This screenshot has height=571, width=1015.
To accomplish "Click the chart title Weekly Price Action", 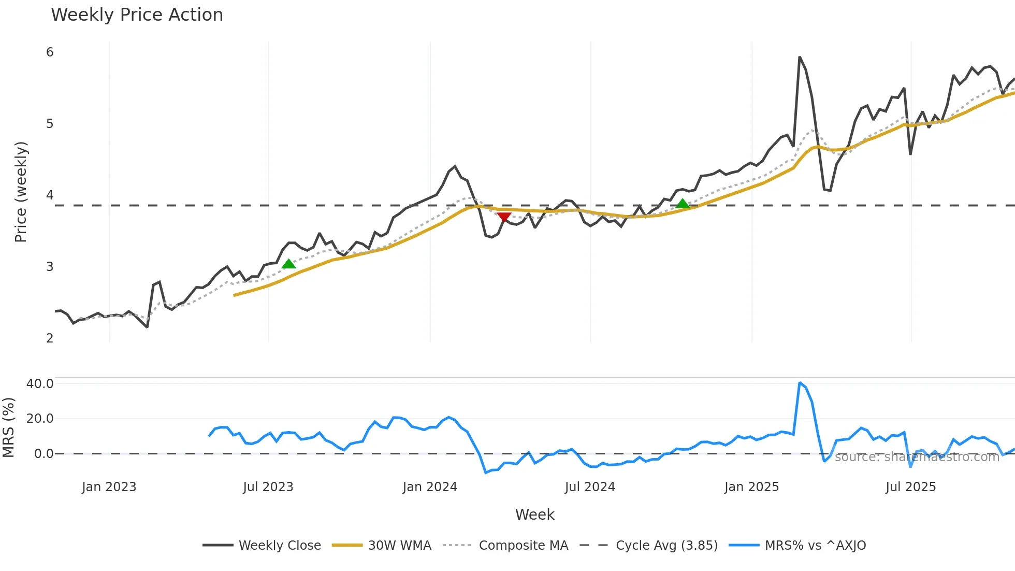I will click(x=137, y=15).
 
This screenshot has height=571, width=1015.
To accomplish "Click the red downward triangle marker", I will click(x=504, y=217).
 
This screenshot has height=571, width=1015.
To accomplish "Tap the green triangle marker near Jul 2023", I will click(x=288, y=264).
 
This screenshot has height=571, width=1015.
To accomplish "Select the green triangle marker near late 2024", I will click(x=683, y=204).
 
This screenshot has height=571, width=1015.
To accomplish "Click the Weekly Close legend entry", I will click(x=280, y=546).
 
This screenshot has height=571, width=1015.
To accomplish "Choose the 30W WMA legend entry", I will click(x=399, y=546).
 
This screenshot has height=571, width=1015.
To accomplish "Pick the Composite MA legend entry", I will click(x=523, y=546).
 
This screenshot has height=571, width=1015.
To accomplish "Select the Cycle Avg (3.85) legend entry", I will click(x=666, y=546).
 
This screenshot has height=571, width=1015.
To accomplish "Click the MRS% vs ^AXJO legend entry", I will click(x=815, y=546).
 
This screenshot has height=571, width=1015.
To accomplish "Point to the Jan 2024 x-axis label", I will click(x=430, y=487).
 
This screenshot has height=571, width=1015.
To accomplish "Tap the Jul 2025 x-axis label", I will click(x=910, y=487).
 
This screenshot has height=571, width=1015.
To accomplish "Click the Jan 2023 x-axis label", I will click(x=109, y=487).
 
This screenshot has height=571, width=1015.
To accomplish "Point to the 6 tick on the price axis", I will click(x=50, y=52).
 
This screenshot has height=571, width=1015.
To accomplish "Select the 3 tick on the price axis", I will click(x=50, y=267).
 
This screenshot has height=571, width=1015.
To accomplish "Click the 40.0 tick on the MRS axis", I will click(x=40, y=384).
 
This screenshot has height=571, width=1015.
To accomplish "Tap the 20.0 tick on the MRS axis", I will click(x=40, y=419).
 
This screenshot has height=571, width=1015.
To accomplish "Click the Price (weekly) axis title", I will click(x=21, y=192).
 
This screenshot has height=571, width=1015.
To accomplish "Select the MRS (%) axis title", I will click(x=9, y=427).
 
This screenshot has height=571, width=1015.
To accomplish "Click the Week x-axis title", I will click(x=534, y=515).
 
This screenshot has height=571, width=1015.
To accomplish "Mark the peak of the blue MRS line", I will click(x=800, y=383).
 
